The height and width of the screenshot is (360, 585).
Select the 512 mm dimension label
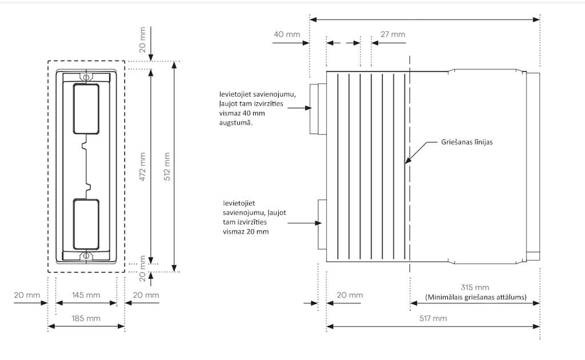point(166,165)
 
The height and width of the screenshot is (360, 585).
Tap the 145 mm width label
point(86,295)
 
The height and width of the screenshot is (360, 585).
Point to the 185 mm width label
point(86,318)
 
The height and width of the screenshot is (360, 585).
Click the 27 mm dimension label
point(393,34)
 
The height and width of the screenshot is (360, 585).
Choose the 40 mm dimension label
point(287,34)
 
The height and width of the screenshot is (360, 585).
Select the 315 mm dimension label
point(475,287)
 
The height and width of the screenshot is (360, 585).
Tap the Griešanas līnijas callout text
point(466,142)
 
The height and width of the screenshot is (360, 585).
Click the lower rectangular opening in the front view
point(86,223)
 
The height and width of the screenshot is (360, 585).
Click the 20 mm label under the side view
point(350,295)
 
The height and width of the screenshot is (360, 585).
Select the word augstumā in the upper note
point(236,122)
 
